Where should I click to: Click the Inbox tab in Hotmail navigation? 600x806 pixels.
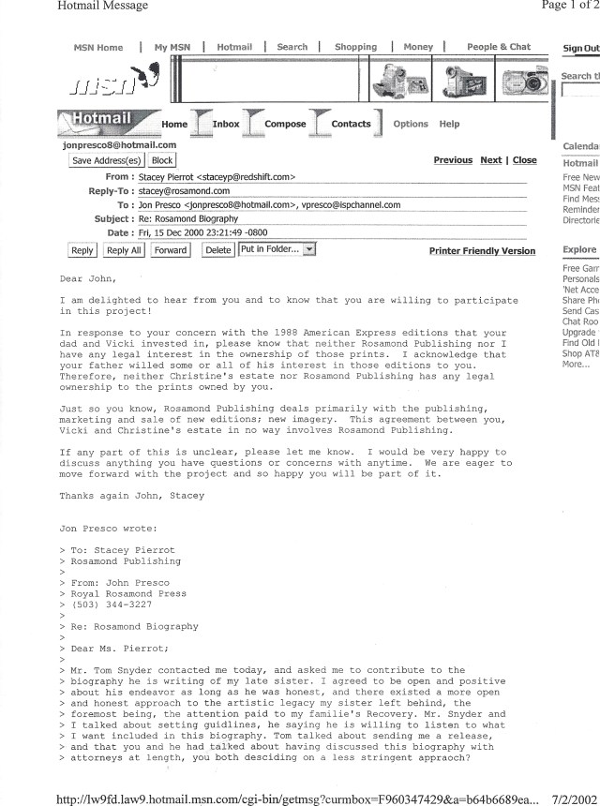pyautogui.click(x=225, y=124)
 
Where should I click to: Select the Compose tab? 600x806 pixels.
pyautogui.click(x=285, y=124)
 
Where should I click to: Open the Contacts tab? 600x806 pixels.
pyautogui.click(x=351, y=124)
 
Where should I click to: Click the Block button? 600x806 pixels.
pyautogui.click(x=162, y=161)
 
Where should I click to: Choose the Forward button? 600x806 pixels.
pyautogui.click(x=170, y=250)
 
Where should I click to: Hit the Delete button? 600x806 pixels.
pyautogui.click(x=217, y=250)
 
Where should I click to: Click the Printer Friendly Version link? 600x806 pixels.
pyautogui.click(x=482, y=251)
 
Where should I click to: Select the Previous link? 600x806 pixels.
pyautogui.click(x=453, y=160)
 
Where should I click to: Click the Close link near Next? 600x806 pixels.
pyautogui.click(x=525, y=160)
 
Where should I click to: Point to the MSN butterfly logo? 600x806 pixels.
pyautogui.click(x=149, y=78)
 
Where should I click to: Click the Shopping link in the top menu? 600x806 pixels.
pyautogui.click(x=355, y=47)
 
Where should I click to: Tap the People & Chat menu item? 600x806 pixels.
pyautogui.click(x=499, y=47)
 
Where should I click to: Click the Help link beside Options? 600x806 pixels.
pyautogui.click(x=450, y=124)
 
